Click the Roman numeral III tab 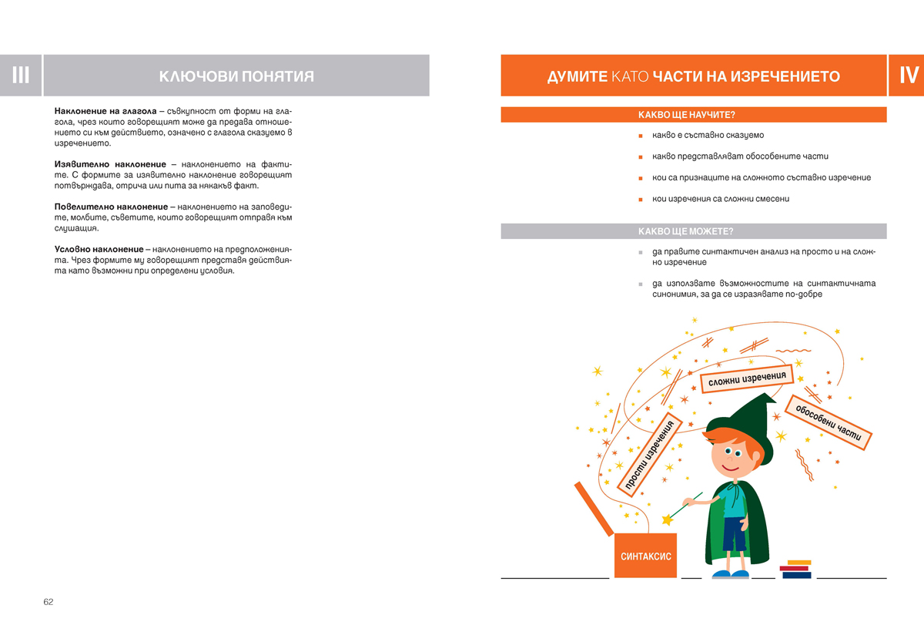coord(21,76)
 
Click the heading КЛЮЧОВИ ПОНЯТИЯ coord(236,76)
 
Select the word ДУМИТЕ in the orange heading coord(577,77)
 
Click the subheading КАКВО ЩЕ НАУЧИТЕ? coord(687,115)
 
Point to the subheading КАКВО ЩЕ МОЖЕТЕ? coord(685,231)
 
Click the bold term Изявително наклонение coord(110,165)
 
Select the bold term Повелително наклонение coord(111,207)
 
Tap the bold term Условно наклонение coord(99,250)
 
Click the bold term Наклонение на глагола coord(105,112)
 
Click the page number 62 coord(49,602)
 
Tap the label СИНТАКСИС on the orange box coord(646,556)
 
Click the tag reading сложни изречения coord(747,379)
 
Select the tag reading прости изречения coord(650,456)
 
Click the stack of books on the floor coord(795,570)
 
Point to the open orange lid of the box coord(594,508)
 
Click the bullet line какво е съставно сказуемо coord(707,136)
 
